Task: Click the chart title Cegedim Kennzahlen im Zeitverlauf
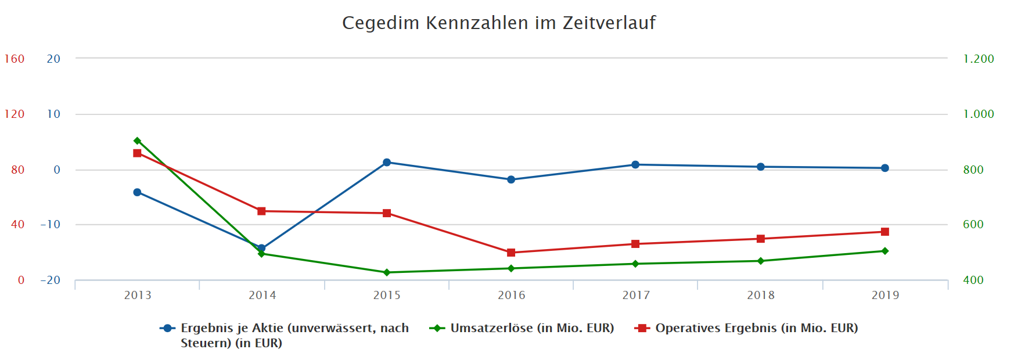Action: coord(498,23)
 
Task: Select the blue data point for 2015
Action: coord(387,163)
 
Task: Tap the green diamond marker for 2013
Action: coord(138,141)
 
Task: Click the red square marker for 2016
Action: coord(511,253)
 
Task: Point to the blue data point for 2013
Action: coord(138,192)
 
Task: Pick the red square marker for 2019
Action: coord(885,232)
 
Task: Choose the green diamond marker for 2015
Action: coord(387,272)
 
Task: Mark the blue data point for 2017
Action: coord(635,165)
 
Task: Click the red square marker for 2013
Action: coord(138,153)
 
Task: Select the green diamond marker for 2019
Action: coord(885,251)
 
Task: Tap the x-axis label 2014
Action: coord(263,295)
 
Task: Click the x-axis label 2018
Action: coord(761,295)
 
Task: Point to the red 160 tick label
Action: coord(15,59)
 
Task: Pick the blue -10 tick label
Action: coord(51,225)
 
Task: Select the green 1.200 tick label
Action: coord(979,59)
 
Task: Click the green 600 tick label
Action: coord(973,225)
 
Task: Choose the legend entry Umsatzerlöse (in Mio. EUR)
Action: coord(531,328)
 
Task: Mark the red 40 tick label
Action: coord(18,225)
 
